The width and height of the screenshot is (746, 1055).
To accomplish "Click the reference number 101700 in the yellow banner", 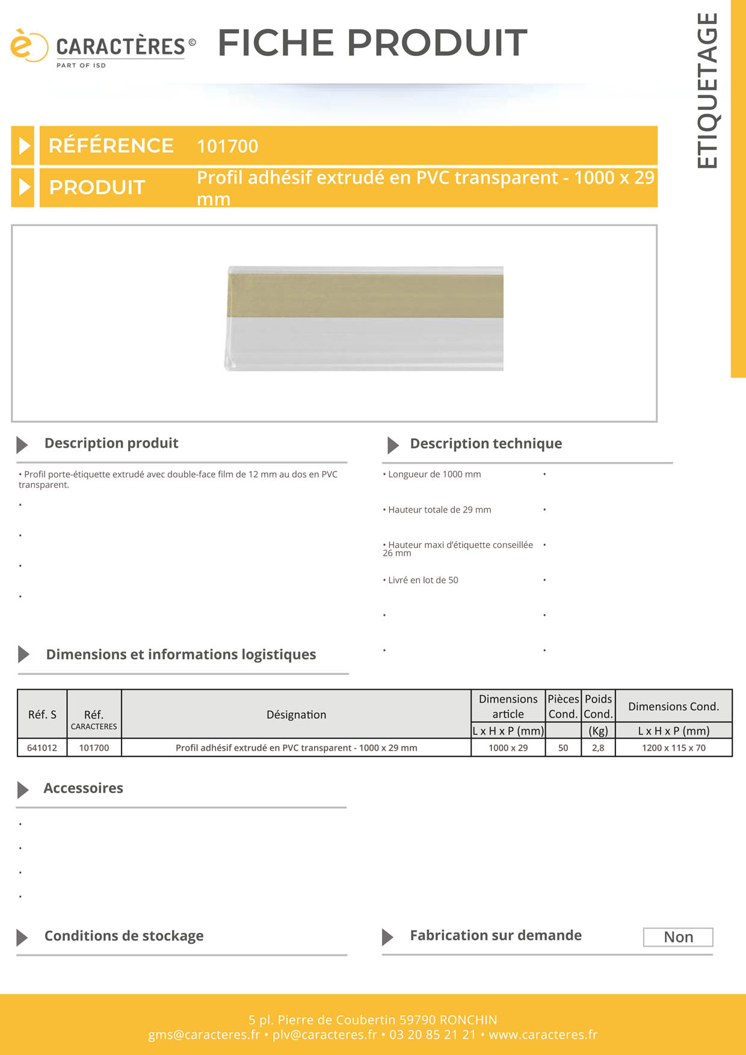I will (x=227, y=146).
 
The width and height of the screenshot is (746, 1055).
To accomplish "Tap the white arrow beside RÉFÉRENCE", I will (x=23, y=146).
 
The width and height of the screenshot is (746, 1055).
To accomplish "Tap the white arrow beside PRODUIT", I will (x=23, y=187).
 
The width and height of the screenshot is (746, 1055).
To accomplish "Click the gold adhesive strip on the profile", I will (x=365, y=296).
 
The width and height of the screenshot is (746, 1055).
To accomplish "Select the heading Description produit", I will (x=111, y=443).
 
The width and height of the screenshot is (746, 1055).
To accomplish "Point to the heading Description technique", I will (x=486, y=444).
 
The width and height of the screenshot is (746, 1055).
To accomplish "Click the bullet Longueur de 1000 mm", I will (x=434, y=475).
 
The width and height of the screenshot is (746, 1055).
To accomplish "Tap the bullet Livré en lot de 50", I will (x=422, y=580).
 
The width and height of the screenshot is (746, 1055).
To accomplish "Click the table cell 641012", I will (x=42, y=748).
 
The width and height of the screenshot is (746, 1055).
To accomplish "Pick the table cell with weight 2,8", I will (x=598, y=748).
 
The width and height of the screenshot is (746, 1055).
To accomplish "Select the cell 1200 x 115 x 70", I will (x=673, y=748).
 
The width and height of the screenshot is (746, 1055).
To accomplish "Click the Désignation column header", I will (x=296, y=715).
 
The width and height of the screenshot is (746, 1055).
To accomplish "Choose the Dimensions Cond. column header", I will (x=673, y=707).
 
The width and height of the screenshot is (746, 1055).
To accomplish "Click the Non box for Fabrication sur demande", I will (x=678, y=937).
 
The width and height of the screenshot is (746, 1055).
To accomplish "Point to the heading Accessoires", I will (x=83, y=789).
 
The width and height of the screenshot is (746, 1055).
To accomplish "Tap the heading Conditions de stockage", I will (x=124, y=936).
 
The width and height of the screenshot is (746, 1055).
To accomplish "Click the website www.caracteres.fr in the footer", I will (x=543, y=1035).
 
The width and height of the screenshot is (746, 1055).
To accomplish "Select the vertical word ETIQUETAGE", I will (x=707, y=90).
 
